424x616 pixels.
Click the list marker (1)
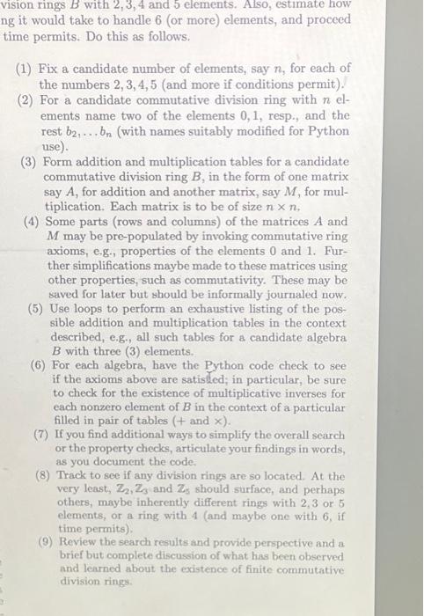tap(26, 68)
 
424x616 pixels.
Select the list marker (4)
tap(34, 221)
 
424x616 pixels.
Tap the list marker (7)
tap(41, 434)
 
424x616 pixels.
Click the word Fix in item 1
tap(51, 68)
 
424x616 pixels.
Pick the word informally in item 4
tap(238, 294)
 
